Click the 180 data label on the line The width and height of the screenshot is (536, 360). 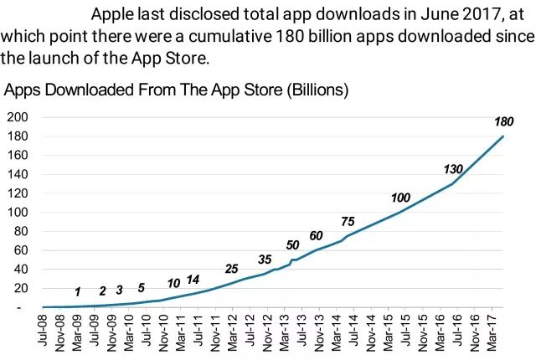click(x=503, y=122)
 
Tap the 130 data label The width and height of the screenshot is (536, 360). click(x=453, y=169)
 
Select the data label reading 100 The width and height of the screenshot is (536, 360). click(x=400, y=198)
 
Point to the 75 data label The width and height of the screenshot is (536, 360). click(x=348, y=221)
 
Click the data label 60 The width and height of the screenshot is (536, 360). click(x=316, y=235)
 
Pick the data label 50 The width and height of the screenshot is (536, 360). click(x=292, y=245)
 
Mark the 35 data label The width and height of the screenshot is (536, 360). click(x=265, y=259)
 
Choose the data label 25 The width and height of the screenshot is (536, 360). click(x=232, y=269)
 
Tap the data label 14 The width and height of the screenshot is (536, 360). click(x=193, y=280)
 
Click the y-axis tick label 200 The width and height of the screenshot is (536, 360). click(x=17, y=116)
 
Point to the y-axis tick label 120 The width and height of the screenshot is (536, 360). click(x=17, y=193)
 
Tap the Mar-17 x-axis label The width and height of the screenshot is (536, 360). click(x=490, y=334)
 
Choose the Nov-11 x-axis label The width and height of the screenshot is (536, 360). click(x=215, y=334)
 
